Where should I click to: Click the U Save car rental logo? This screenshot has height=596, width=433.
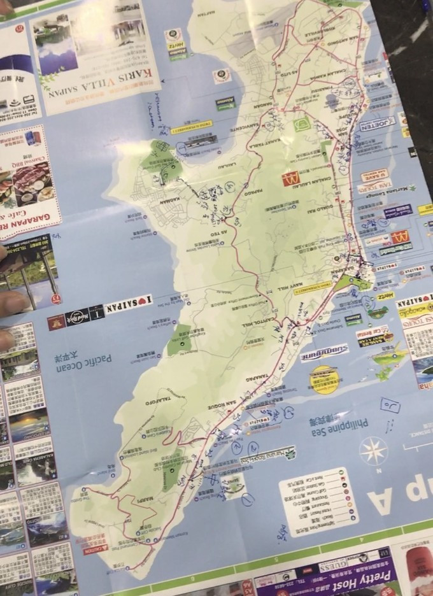tap(374, 174)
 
